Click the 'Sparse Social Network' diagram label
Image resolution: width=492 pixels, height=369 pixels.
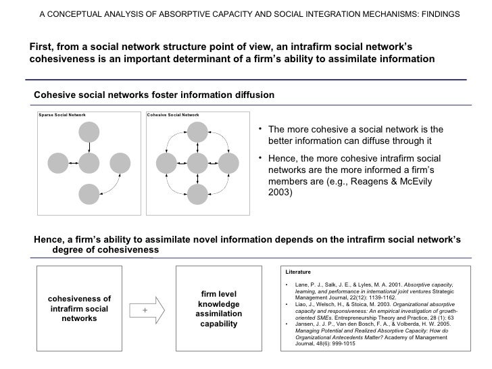[62, 115]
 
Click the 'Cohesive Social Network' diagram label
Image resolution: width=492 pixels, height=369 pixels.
[173, 115]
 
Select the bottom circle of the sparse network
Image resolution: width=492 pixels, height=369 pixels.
[89, 194]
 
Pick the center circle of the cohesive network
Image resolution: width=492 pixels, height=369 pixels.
[197, 163]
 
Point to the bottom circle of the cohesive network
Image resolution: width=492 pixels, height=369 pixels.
[197, 194]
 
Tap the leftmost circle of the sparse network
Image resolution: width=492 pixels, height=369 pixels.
[57, 163]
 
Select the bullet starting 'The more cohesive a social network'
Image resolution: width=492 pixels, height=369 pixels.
[354, 136]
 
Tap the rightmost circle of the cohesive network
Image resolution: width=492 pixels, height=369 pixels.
[228, 163]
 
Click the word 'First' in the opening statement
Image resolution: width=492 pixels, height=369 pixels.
[40, 46]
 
